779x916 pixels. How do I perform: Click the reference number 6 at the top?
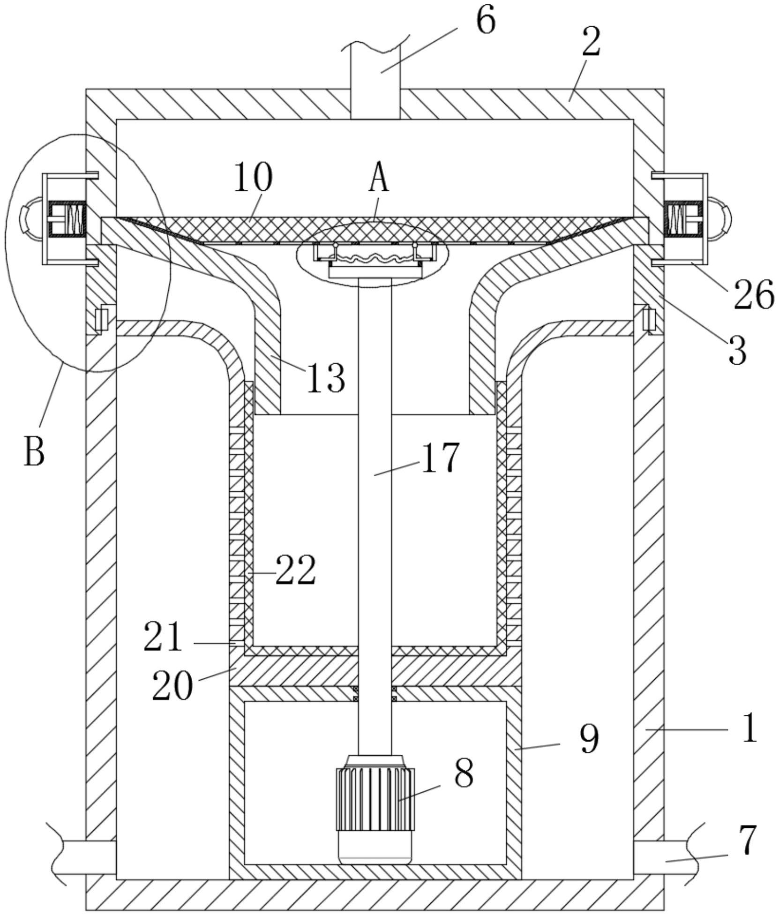pyautogui.click(x=485, y=22)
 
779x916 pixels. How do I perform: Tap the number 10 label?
pyautogui.click(x=253, y=177)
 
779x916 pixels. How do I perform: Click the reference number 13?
pyautogui.click(x=326, y=378)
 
